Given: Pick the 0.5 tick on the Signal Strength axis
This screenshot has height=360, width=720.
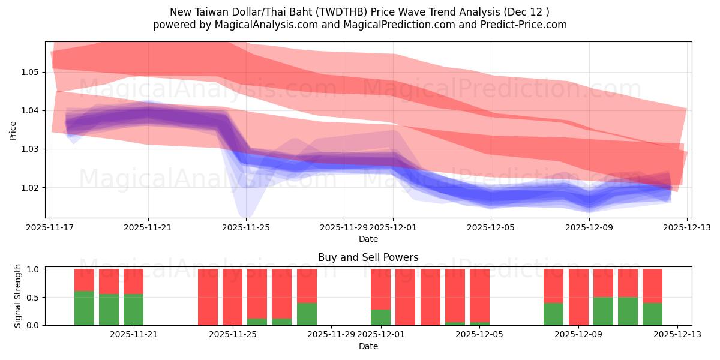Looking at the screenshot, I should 32,297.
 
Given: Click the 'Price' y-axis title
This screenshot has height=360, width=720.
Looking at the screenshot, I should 13,130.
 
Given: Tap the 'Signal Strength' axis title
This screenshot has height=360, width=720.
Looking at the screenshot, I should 18,296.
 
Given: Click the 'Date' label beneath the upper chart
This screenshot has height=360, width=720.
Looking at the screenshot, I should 368,239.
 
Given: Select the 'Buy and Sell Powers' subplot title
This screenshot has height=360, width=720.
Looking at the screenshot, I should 368,257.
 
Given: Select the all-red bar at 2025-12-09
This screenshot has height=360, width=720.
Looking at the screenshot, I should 578,297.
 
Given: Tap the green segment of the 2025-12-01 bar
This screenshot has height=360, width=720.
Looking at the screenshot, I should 380,317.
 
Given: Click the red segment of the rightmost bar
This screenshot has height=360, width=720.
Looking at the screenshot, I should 652,286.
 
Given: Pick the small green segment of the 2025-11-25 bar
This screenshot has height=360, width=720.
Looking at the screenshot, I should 257,322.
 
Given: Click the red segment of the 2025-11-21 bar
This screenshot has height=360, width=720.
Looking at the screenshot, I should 133,281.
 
